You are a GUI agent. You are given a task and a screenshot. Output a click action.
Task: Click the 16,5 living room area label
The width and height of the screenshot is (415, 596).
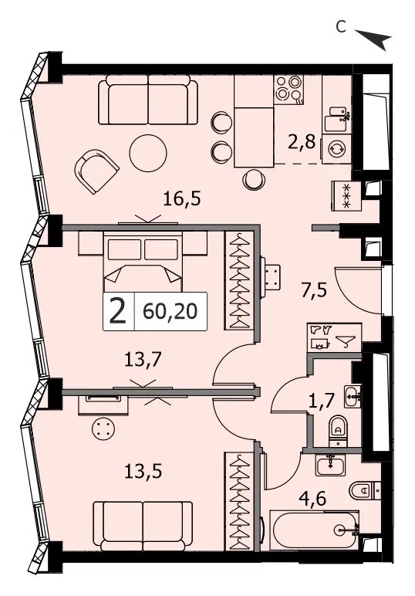coord(181,199)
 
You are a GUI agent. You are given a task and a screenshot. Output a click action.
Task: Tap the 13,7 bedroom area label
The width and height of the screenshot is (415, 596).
coord(143,359)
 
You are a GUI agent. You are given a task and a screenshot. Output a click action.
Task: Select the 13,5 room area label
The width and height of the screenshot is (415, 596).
coord(143,472)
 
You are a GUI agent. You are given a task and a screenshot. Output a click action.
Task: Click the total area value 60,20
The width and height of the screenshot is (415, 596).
coord(170,312)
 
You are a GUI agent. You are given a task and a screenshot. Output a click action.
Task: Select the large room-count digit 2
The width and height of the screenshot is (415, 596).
coord(118,311)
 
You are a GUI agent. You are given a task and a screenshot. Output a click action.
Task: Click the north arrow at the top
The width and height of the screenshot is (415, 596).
coord(373,39)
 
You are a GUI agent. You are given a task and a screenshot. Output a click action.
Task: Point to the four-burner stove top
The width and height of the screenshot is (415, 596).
coord(289,90)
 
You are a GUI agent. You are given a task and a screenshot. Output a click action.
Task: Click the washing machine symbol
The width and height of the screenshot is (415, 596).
coord(337,149)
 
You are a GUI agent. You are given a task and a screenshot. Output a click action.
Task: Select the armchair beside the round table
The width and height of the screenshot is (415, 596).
coord(97,171)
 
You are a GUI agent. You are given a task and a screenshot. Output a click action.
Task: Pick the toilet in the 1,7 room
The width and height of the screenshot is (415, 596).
coord(338,431)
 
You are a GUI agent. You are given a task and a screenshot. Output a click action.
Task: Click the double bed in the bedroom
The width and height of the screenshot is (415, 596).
coord(143,261)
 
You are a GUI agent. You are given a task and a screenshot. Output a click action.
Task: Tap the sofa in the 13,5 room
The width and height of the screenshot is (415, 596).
coord(143,525)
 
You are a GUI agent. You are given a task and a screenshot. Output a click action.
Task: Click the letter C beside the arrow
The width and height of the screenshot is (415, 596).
coord(341,26)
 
